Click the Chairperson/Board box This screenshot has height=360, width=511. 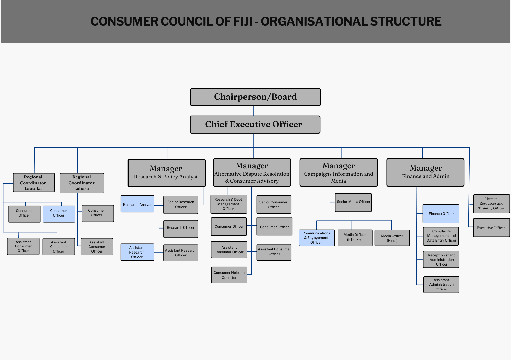point(255,97)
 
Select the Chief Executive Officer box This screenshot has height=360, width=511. point(255,125)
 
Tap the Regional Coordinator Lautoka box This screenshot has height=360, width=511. point(34,183)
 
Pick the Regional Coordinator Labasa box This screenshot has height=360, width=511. point(82,183)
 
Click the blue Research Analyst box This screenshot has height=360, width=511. point(137,204)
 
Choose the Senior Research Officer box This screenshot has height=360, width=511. point(181,205)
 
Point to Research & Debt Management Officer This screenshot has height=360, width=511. point(229,204)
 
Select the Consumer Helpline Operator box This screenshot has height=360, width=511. point(229,275)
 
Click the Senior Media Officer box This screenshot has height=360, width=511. point(353,202)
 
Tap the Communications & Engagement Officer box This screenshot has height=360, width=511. point(317,238)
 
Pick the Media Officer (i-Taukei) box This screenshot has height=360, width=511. point(355,237)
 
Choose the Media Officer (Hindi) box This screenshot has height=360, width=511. point(392,238)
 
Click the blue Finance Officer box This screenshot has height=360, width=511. point(441,214)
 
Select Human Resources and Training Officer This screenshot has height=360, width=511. point(491,203)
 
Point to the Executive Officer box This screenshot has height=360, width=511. point(491,228)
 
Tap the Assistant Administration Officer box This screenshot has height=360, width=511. point(441,284)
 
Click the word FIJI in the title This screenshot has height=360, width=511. point(243,21)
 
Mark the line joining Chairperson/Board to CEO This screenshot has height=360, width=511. point(254,111)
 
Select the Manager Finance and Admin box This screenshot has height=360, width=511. point(425,172)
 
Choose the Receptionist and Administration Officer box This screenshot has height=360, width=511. point(441,259)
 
